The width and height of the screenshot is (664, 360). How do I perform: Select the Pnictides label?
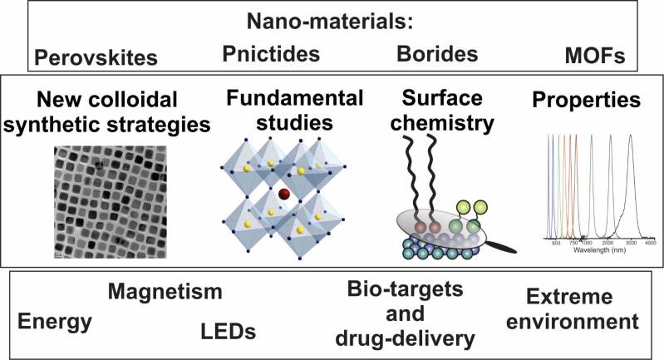click(x=271, y=55)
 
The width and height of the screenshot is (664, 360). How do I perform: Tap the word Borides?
click(x=437, y=55)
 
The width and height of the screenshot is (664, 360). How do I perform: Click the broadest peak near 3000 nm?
click(x=630, y=166)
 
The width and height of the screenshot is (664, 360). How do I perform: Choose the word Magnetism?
click(x=165, y=293)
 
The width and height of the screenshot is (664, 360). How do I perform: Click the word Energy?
click(x=55, y=322)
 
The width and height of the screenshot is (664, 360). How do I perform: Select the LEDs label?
click(x=227, y=331)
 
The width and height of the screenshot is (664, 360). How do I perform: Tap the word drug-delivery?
click(x=412, y=339)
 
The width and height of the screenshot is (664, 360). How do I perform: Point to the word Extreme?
click(x=568, y=297)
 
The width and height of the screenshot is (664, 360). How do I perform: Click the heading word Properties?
click(x=588, y=101)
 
